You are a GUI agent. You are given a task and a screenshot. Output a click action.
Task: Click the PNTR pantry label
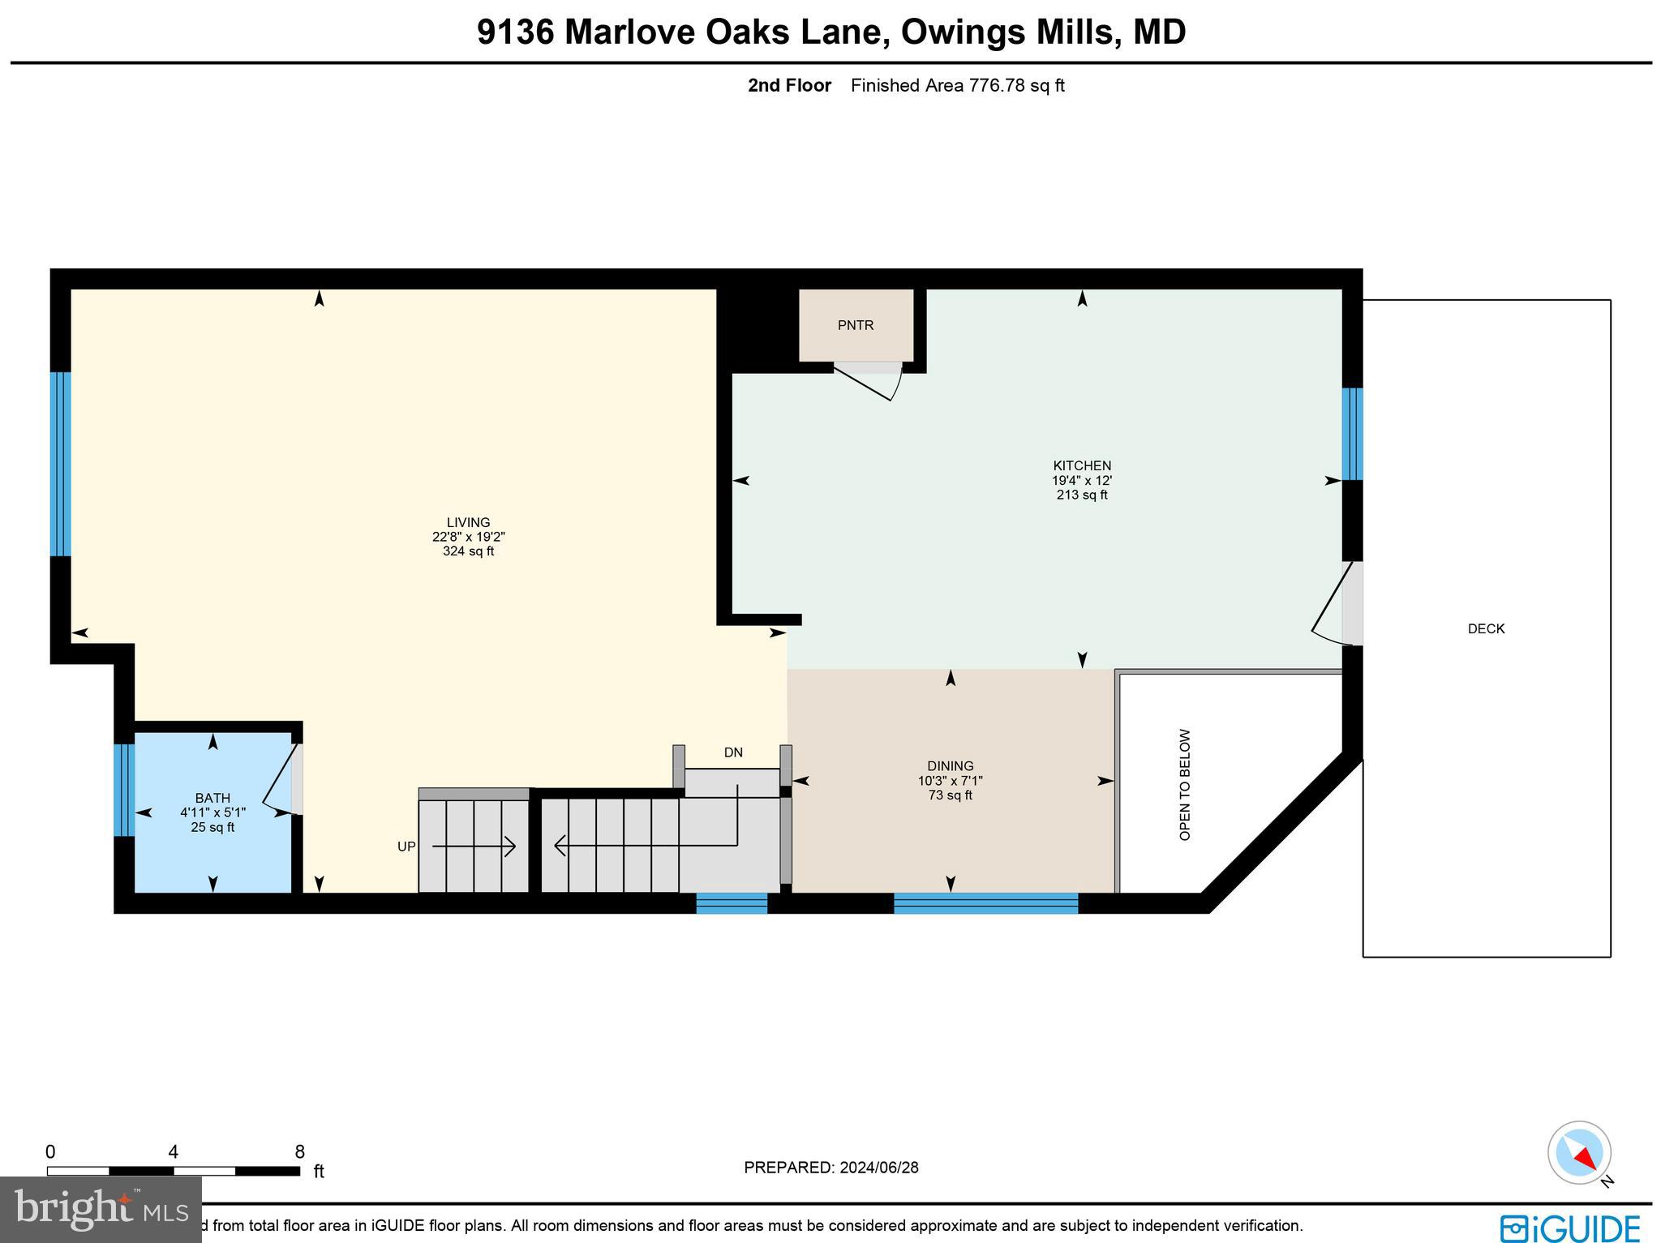(856, 325)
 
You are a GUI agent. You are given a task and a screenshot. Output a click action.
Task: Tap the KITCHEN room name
(1081, 465)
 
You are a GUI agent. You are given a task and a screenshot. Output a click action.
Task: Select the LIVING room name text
(468, 522)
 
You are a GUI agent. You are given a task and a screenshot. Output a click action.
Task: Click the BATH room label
(212, 798)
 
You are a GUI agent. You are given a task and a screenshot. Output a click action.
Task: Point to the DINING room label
(950, 765)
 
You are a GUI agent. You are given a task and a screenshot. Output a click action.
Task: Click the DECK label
(1486, 628)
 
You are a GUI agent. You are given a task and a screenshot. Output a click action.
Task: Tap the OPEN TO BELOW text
(1185, 784)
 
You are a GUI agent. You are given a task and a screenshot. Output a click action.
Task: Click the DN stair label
(732, 752)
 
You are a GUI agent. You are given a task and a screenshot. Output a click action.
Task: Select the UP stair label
(406, 847)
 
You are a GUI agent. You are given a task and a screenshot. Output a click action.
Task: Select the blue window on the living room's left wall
(61, 464)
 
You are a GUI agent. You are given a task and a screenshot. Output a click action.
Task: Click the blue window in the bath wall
(123, 790)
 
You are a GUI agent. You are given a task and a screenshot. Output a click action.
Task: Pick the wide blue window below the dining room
(985, 903)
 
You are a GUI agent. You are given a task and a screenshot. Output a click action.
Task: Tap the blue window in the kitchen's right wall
(1351, 434)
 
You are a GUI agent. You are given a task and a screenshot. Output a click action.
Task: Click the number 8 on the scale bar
(299, 1152)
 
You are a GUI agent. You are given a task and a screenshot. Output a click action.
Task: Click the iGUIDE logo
(1569, 1228)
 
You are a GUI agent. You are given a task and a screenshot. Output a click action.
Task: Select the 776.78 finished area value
(997, 85)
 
